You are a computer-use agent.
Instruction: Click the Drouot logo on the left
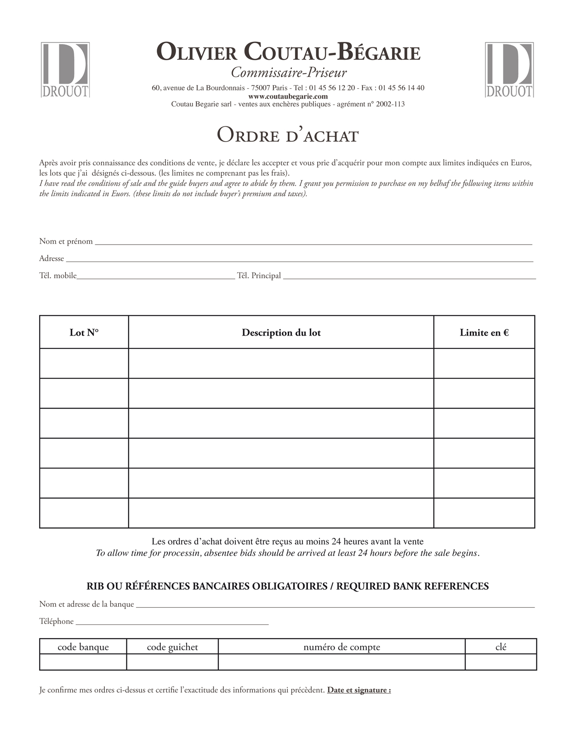pos(65,70)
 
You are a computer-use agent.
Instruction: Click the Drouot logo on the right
pos(509,70)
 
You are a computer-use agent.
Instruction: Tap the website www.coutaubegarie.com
pos(288,96)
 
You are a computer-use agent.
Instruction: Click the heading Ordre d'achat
pos(287,135)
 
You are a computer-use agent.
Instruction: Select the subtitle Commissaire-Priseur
pos(289,73)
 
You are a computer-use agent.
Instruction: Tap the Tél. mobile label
pos(58,276)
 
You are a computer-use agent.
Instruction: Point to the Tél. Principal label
pos(259,276)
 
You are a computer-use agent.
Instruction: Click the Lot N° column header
pos(84,332)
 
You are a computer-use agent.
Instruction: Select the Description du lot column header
pos(281,332)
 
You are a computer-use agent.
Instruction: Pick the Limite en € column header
pos(484,332)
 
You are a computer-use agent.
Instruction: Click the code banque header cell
pos(83,647)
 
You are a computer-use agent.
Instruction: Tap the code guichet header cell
pos(172,647)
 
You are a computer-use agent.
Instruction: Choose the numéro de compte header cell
pos(342,647)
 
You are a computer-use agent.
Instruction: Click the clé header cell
pos(501,647)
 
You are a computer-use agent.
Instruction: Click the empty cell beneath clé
pos(501,662)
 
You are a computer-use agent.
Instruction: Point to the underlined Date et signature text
pos(359,690)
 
